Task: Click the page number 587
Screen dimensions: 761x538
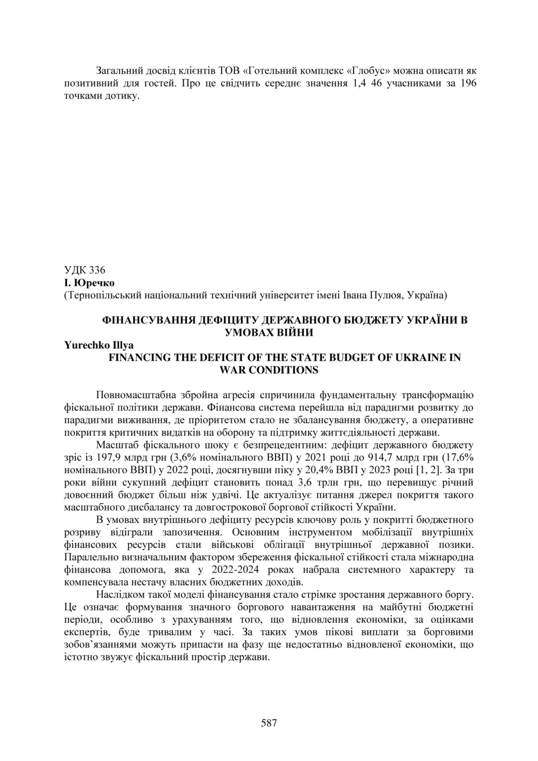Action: (x=269, y=722)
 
